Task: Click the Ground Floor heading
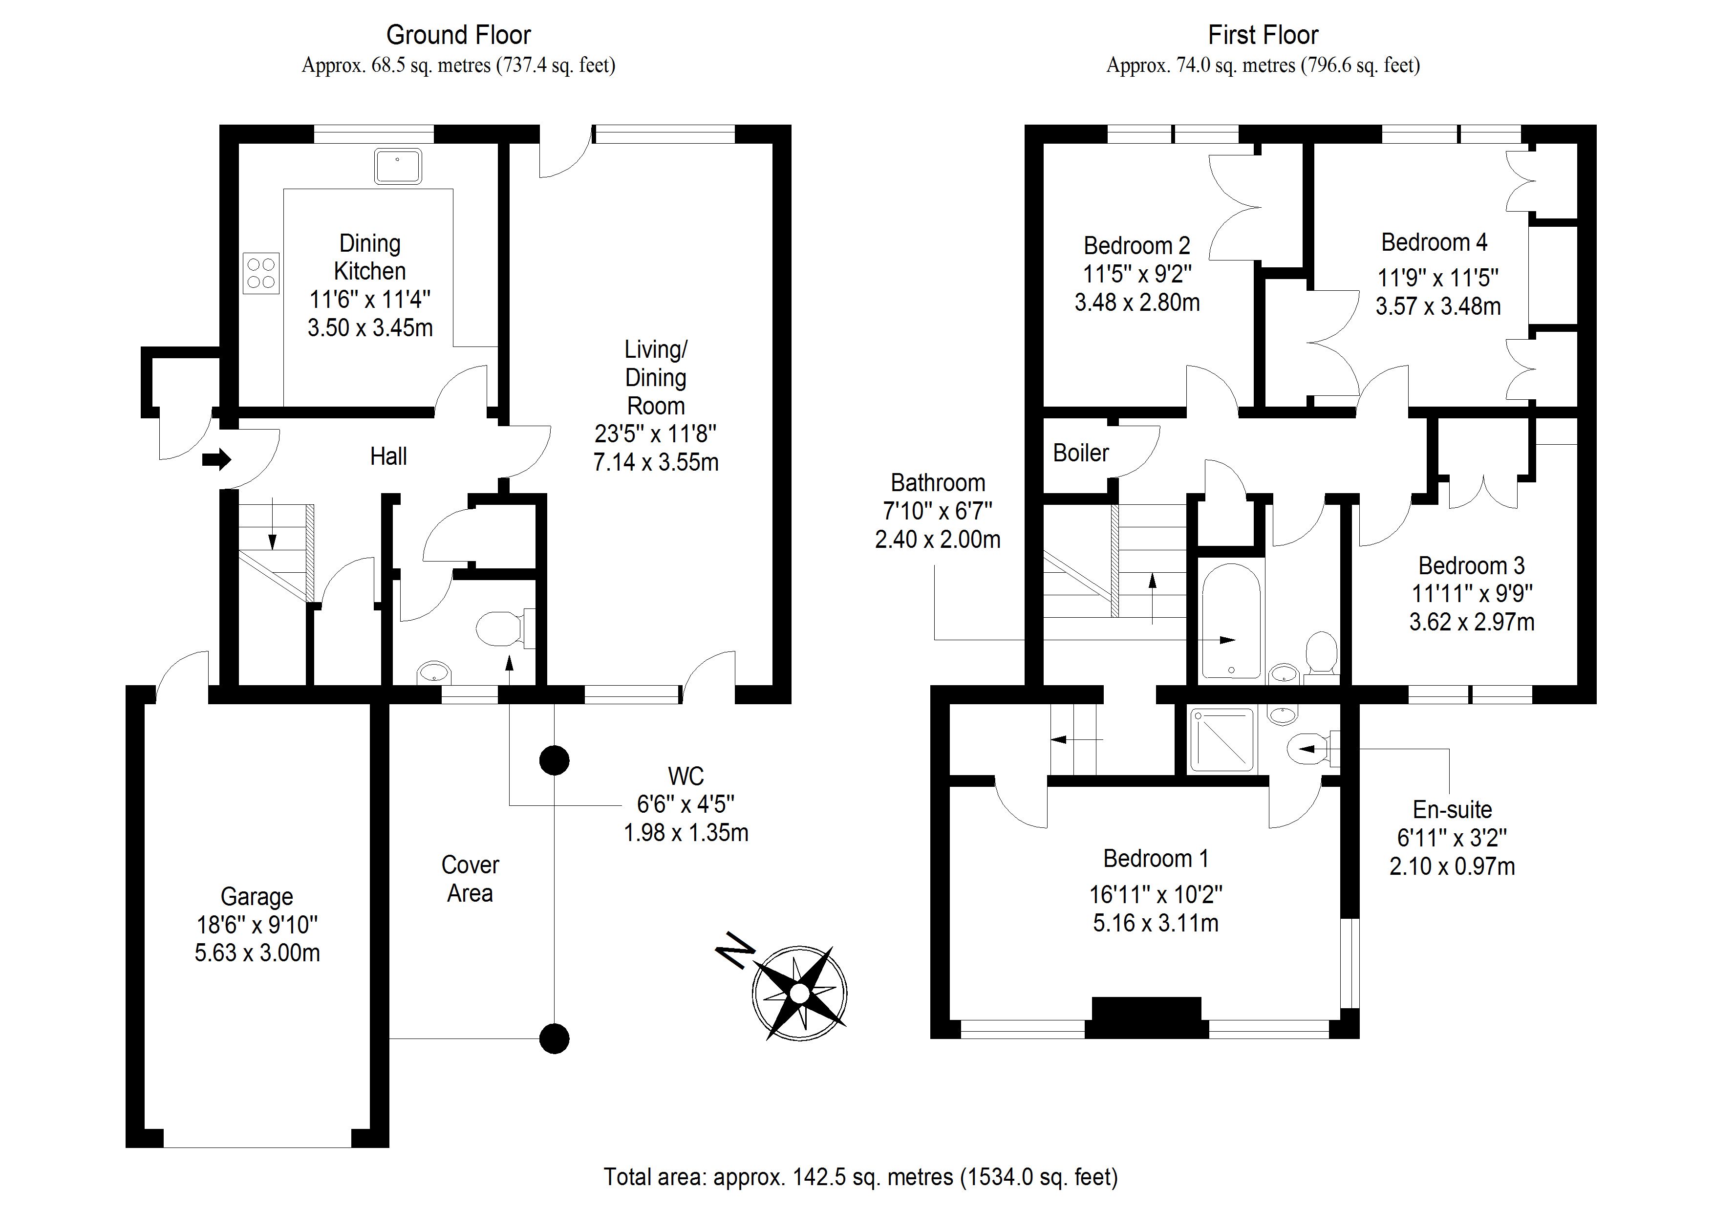pyautogui.click(x=458, y=35)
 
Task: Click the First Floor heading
pyautogui.click(x=1263, y=35)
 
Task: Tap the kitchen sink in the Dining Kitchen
pyautogui.click(x=398, y=166)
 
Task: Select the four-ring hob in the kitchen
pyautogui.click(x=261, y=273)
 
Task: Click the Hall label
pyautogui.click(x=388, y=456)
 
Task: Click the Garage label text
pyautogui.click(x=257, y=896)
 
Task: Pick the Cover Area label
pyautogui.click(x=471, y=879)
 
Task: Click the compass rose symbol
pyautogui.click(x=799, y=993)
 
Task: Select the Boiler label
pyautogui.click(x=1081, y=453)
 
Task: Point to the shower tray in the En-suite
pyautogui.click(x=1222, y=739)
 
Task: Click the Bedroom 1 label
pyautogui.click(x=1156, y=859)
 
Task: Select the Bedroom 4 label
pyautogui.click(x=1434, y=243)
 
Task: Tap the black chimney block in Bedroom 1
pyautogui.click(x=1147, y=1017)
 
